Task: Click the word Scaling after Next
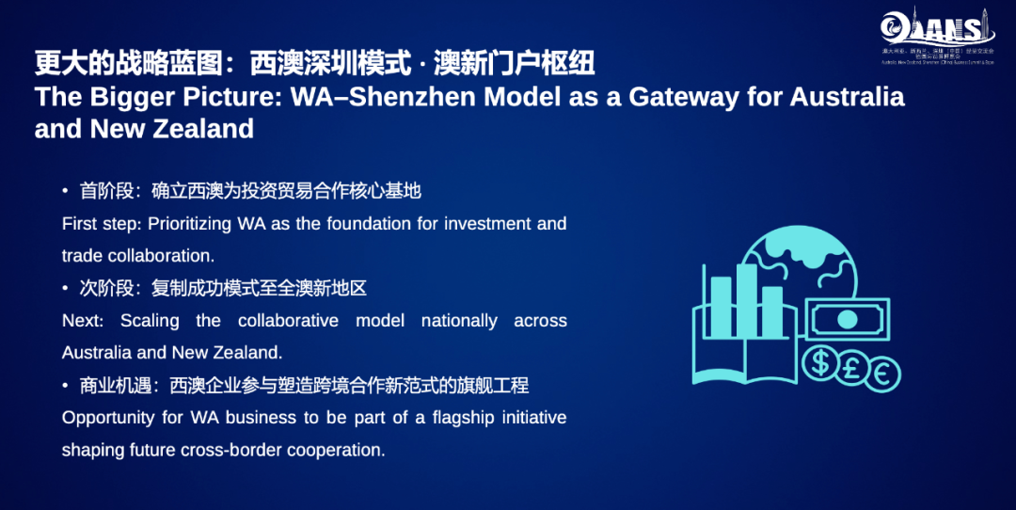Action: [150, 321]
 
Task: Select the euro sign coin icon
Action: [883, 373]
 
